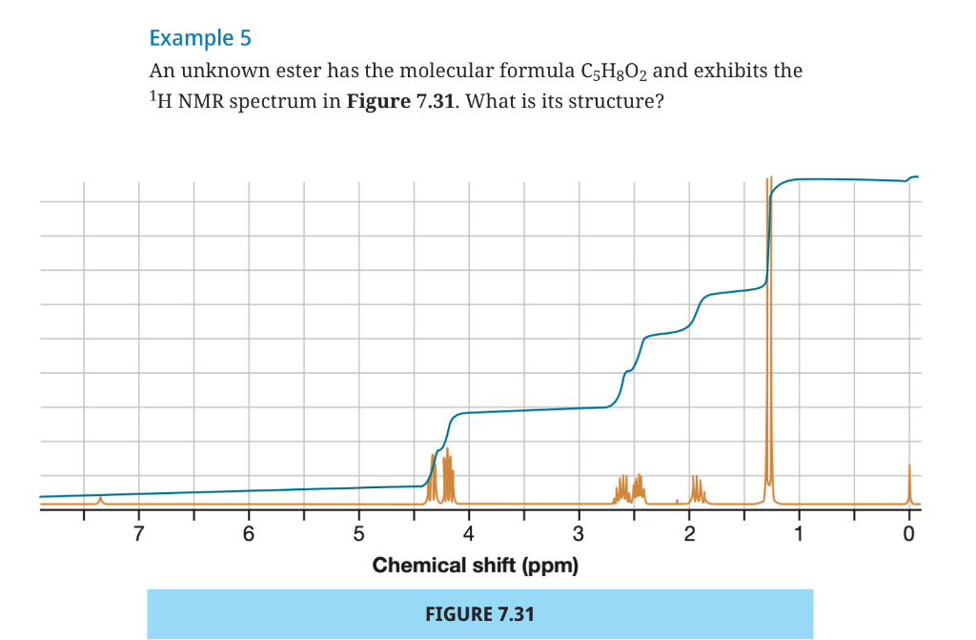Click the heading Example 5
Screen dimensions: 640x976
[x=200, y=38]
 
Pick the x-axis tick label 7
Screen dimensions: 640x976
[x=138, y=534]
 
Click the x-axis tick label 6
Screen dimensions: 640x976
[x=248, y=534]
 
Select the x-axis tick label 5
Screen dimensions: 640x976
[x=358, y=534]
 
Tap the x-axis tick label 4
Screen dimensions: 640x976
[x=468, y=534]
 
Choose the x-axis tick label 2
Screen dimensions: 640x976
[x=689, y=534]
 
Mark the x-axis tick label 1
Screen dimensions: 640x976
[x=800, y=534]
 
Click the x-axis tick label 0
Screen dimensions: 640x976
[x=909, y=534]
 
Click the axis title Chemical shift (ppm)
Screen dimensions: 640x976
[x=476, y=565]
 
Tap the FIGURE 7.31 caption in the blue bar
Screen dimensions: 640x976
[x=479, y=613]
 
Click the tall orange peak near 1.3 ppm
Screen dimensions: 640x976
[x=769, y=334]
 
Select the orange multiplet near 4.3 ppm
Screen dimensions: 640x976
[x=439, y=477]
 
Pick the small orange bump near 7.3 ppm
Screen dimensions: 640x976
[x=100, y=498]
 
